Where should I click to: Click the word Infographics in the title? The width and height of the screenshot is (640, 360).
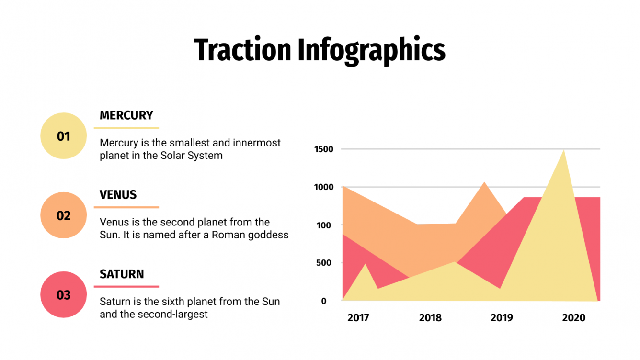click(371, 50)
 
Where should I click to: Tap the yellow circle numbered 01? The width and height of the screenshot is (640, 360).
click(64, 136)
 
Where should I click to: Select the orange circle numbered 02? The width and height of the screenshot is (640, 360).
click(64, 215)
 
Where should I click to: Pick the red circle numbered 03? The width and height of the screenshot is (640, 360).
click(64, 295)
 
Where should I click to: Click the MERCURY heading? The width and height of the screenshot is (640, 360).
click(126, 115)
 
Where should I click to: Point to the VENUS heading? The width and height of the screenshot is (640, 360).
click(118, 195)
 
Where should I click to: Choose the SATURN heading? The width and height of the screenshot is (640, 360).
click(122, 274)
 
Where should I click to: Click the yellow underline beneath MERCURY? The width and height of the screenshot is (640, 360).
click(126, 128)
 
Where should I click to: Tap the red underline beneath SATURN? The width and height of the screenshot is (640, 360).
click(126, 287)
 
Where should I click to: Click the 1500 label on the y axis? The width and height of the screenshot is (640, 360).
click(323, 149)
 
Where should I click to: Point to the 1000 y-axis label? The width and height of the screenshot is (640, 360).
click(323, 187)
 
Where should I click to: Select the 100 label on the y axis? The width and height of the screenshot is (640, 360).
click(325, 225)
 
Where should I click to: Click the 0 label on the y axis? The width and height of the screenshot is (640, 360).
click(324, 301)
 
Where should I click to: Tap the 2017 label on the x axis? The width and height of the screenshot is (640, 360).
click(358, 318)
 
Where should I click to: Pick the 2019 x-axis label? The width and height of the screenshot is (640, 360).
click(502, 318)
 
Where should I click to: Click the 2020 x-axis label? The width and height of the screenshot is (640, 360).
click(573, 318)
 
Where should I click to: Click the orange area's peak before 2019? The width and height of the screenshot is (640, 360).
click(484, 184)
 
